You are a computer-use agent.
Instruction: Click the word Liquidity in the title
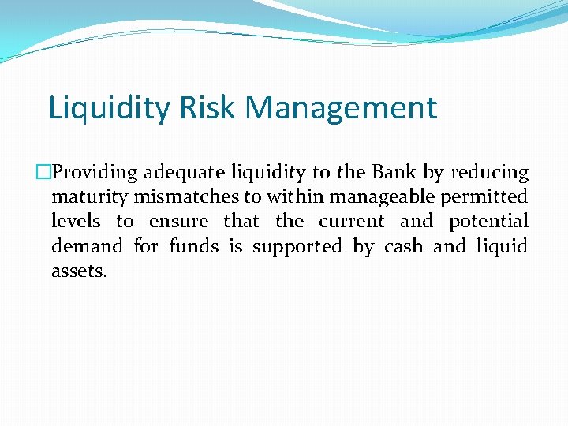pyautogui.click(x=109, y=108)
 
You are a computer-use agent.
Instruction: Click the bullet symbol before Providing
pyautogui.click(x=43, y=173)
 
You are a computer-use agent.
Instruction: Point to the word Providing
pyautogui.click(x=93, y=173)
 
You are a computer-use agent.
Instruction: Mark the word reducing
pyautogui.click(x=489, y=173)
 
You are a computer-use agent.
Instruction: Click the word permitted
pyautogui.click(x=489, y=197)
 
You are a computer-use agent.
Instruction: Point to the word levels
pyautogui.click(x=76, y=222)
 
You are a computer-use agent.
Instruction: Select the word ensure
pyautogui.click(x=179, y=222)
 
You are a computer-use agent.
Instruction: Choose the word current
pyautogui.click(x=352, y=222)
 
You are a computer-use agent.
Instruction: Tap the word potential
pyautogui.click(x=489, y=222)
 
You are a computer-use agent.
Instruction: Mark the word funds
pyautogui.click(x=194, y=246)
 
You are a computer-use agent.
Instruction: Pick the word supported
pyautogui.click(x=297, y=248)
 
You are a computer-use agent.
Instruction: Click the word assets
pyautogui.click(x=79, y=272)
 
